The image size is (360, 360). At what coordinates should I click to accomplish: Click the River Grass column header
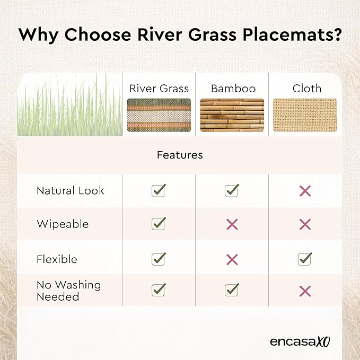pyautogui.click(x=159, y=89)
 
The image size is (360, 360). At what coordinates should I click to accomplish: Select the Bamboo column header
pyautogui.click(x=233, y=89)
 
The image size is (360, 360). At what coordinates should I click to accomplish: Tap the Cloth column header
pyautogui.click(x=307, y=89)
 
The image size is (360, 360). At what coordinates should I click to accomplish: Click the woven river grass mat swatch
pyautogui.click(x=159, y=115)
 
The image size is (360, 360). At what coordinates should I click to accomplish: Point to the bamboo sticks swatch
pyautogui.click(x=232, y=115)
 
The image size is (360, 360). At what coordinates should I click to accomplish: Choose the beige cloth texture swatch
pyautogui.click(x=305, y=115)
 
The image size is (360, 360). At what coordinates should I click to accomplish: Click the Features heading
pyautogui.click(x=180, y=155)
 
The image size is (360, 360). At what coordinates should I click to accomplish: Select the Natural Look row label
pyautogui.click(x=71, y=190)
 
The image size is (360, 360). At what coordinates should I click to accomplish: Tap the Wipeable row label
pyautogui.click(x=63, y=224)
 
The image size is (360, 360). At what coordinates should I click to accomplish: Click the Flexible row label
pyautogui.click(x=57, y=259)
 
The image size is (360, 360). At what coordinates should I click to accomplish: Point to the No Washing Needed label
pyautogui.click(x=69, y=291)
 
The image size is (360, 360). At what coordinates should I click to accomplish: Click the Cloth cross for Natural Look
pyautogui.click(x=305, y=191)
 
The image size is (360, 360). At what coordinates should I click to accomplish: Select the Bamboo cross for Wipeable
pyautogui.click(x=232, y=224)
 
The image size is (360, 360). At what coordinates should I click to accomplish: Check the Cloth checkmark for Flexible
pyautogui.click(x=305, y=259)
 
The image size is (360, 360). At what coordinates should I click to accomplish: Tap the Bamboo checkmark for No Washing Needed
pyautogui.click(x=232, y=289)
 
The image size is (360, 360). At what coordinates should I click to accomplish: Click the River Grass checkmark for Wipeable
pyautogui.click(x=159, y=224)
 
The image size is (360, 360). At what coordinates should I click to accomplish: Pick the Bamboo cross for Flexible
pyautogui.click(x=232, y=260)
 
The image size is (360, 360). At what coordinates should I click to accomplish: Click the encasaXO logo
pyautogui.click(x=300, y=341)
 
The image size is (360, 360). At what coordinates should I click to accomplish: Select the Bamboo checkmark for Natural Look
pyautogui.click(x=232, y=190)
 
